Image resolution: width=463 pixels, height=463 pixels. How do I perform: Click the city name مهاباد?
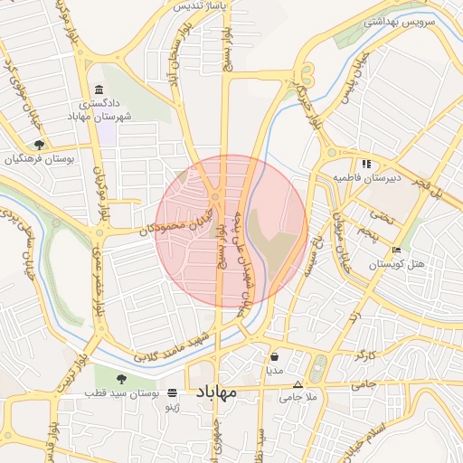tap(215, 392)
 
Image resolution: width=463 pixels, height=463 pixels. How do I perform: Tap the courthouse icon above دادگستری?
tap(98, 90)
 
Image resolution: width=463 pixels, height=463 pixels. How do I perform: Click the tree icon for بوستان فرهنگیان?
tap(38, 144)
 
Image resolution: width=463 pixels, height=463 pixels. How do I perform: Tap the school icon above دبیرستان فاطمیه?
tap(366, 164)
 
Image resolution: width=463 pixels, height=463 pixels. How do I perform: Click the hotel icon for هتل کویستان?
tap(396, 250)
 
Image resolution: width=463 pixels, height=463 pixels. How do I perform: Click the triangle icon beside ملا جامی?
tap(297, 384)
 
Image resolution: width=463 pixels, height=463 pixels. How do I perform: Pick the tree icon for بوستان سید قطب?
tap(123, 377)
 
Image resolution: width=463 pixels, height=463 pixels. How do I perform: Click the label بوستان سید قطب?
tap(122, 393)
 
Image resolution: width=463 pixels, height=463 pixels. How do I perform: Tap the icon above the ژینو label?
tap(172, 393)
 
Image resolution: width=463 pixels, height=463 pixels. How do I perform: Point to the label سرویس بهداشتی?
tap(399, 20)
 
